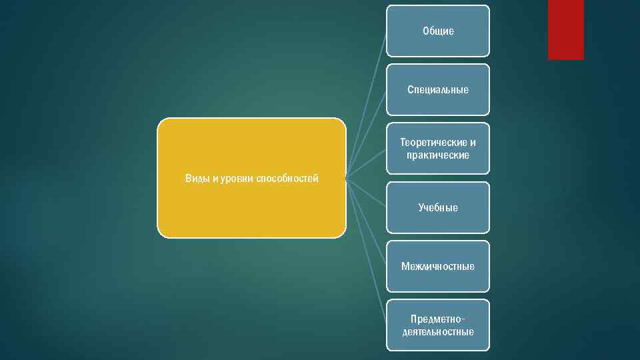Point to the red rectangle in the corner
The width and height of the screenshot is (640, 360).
[x=565, y=29]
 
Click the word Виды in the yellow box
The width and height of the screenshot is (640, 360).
[x=197, y=179]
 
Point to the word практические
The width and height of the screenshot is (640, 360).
[x=438, y=155]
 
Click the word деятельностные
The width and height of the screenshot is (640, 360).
[x=438, y=332]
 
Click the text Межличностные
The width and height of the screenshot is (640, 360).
[x=438, y=267]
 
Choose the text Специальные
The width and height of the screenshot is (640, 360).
[x=438, y=90]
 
